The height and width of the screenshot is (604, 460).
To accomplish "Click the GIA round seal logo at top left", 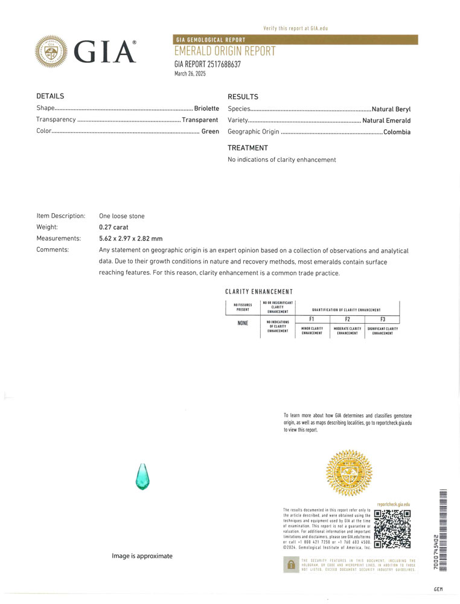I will pyautogui.click(x=52, y=51).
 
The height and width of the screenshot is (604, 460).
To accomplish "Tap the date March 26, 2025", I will pyautogui.click(x=190, y=74).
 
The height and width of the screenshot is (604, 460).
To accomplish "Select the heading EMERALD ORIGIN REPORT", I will pyautogui.click(x=225, y=51).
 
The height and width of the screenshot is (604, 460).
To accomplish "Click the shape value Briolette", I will pyautogui.click(x=206, y=109).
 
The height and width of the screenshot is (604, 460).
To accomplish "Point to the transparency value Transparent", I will pyautogui.click(x=200, y=120).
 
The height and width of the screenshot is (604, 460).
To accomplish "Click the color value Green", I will pyautogui.click(x=210, y=131).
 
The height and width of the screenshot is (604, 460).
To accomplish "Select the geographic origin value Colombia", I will pyautogui.click(x=397, y=132).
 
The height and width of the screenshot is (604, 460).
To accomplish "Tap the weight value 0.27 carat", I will pyautogui.click(x=114, y=227).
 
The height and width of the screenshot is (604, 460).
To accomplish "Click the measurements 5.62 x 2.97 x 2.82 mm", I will pyautogui.click(x=130, y=239).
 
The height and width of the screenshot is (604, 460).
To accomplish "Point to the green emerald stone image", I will pyautogui.click(x=143, y=476).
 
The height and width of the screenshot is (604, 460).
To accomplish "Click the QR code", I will pyautogui.click(x=392, y=528).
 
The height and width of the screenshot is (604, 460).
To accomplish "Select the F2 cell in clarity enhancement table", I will pyautogui.click(x=347, y=318).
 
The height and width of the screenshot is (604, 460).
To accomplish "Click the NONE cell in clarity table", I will pyautogui.click(x=242, y=323).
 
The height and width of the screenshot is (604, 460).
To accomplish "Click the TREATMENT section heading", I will pyautogui.click(x=248, y=147).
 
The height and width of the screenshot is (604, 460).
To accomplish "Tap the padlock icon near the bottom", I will pyautogui.click(x=291, y=564).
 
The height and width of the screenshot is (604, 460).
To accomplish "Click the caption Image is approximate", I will pyautogui.click(x=142, y=556).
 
